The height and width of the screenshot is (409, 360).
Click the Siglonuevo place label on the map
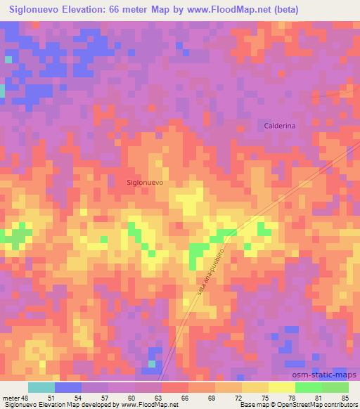146,182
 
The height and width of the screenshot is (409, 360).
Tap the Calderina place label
280,125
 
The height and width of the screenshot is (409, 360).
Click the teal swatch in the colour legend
41,387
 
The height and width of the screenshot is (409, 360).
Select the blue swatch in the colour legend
68,387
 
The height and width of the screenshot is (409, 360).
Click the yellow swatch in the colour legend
255,387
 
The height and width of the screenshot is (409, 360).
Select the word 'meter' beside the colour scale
11,398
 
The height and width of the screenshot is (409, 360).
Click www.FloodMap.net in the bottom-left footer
148,405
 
